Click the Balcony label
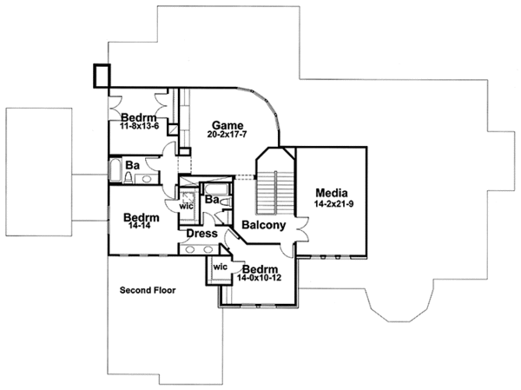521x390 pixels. (x=264, y=225)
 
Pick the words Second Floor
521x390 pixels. (x=148, y=291)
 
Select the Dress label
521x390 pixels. (x=201, y=233)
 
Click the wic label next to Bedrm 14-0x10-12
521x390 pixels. (x=220, y=267)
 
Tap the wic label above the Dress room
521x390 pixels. (x=187, y=207)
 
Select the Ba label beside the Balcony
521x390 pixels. (x=211, y=200)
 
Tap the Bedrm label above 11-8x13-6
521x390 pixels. (x=138, y=117)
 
